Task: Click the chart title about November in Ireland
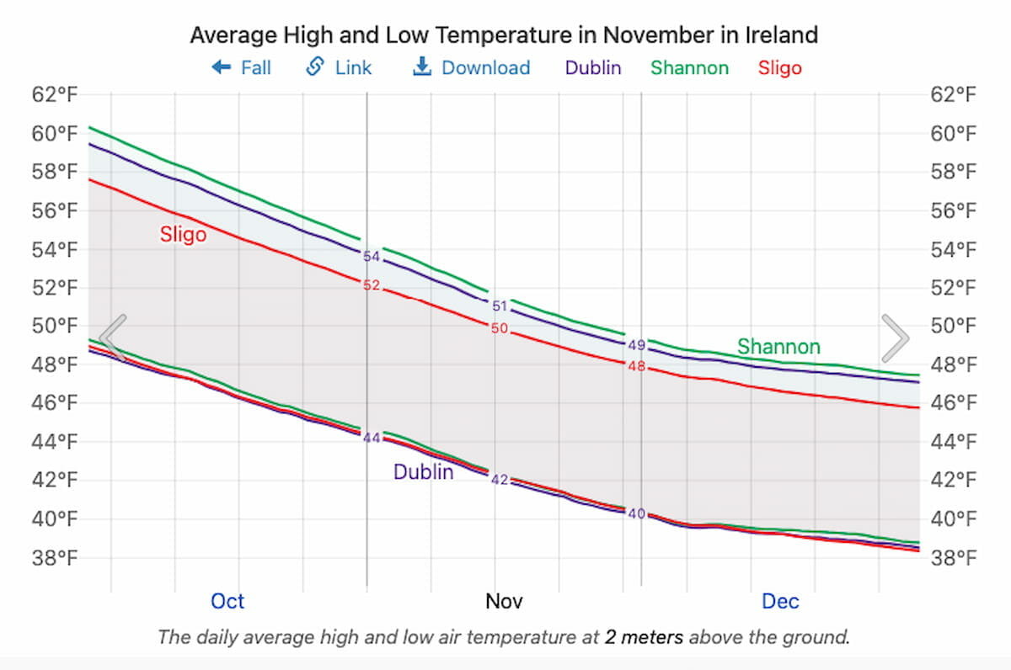[504, 35]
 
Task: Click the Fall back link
[242, 67]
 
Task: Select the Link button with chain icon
[339, 67]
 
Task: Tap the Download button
[471, 67]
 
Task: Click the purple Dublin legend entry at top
[593, 67]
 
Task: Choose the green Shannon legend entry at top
[689, 67]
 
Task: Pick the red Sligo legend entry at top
[779, 67]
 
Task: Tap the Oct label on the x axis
[227, 601]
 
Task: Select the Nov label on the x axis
[504, 601]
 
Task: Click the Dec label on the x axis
[780, 601]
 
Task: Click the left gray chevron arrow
[113, 338]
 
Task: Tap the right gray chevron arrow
[895, 338]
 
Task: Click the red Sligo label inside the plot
[183, 234]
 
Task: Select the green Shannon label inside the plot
[778, 346]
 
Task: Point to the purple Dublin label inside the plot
[423, 472]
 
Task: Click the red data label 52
[372, 285]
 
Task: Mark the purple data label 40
[637, 513]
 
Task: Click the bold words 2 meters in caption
[644, 637]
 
